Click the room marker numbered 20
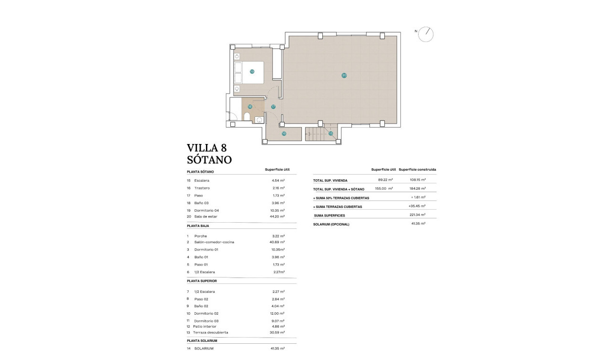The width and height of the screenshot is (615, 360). (x=344, y=75)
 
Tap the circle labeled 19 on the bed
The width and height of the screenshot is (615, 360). (x=252, y=72)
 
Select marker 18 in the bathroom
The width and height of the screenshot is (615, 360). (x=250, y=107)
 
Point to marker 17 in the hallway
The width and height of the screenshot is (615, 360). (x=273, y=107)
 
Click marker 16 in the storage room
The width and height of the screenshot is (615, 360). (x=284, y=134)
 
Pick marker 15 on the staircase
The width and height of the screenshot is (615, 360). (x=330, y=134)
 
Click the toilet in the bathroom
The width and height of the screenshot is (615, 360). (x=247, y=117)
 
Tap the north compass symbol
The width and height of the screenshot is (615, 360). (x=425, y=34)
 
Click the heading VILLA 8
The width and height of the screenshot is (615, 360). (x=206, y=147)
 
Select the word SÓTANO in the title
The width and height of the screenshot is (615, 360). (x=209, y=160)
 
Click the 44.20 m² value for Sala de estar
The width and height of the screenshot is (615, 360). (x=277, y=216)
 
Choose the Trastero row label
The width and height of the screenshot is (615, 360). (x=202, y=188)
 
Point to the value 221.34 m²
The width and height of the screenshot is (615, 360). (x=418, y=215)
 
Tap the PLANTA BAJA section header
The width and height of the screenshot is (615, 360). (x=198, y=226)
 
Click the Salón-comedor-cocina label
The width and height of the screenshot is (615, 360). (x=214, y=242)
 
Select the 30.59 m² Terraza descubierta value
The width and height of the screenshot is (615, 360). (x=277, y=332)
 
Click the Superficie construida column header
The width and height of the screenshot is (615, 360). (x=417, y=170)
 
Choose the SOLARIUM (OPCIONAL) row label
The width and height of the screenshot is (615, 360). (x=331, y=225)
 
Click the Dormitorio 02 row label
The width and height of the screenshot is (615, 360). (x=206, y=313)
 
